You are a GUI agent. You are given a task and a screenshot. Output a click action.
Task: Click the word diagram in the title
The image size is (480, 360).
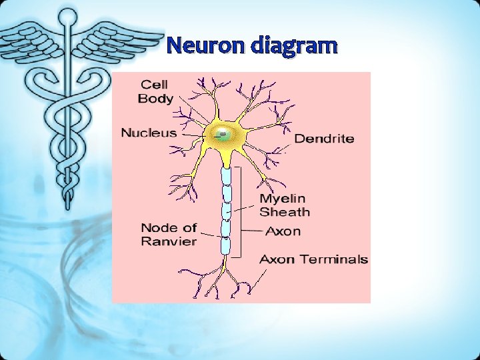(295, 46)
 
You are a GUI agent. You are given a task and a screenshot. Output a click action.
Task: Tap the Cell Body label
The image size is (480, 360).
(155, 92)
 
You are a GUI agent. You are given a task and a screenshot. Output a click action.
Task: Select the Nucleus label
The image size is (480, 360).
(149, 133)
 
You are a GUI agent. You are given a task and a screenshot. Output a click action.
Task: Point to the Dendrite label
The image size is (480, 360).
(324, 139)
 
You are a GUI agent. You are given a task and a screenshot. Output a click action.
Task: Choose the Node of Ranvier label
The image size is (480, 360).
(169, 235)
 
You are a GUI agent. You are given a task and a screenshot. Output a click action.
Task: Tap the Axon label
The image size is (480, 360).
(283, 232)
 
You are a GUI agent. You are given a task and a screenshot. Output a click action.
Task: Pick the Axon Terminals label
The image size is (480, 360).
(313, 259)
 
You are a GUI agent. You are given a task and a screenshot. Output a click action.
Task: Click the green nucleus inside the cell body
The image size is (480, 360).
(222, 135)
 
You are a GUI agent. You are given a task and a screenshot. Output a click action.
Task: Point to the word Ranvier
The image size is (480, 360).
(169, 241)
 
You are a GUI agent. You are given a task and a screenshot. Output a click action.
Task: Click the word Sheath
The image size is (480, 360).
(285, 213)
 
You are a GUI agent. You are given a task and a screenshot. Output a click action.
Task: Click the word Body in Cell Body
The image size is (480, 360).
(155, 99)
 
